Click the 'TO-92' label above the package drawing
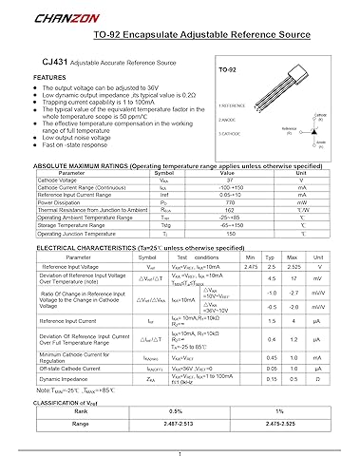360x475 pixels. pyautogui.click(x=228, y=70)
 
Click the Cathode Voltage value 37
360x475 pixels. pyautogui.click(x=227, y=153)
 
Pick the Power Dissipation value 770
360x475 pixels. pyautogui.click(x=227, y=176)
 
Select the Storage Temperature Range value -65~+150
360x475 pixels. pyautogui.click(x=227, y=199)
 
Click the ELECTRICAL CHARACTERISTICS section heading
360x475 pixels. pyautogui.click(x=128, y=219)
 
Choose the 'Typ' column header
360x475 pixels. pyautogui.click(x=272, y=231)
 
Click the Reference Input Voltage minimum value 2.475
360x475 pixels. pyautogui.click(x=251, y=241)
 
